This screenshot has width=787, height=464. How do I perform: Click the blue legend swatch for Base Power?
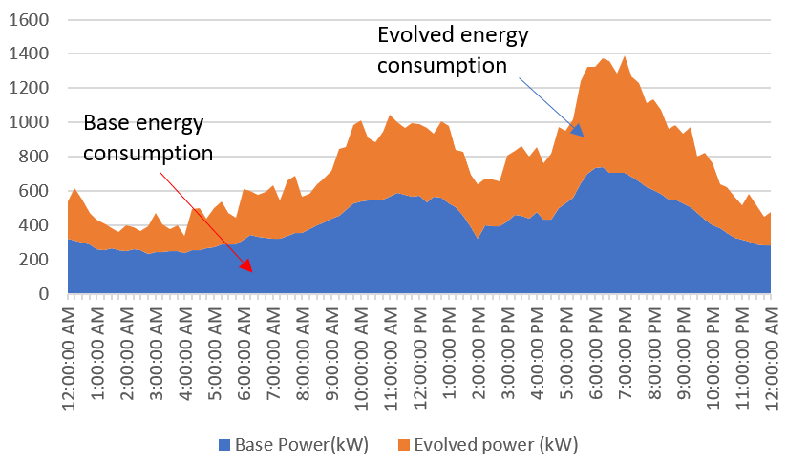tap(224, 444)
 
